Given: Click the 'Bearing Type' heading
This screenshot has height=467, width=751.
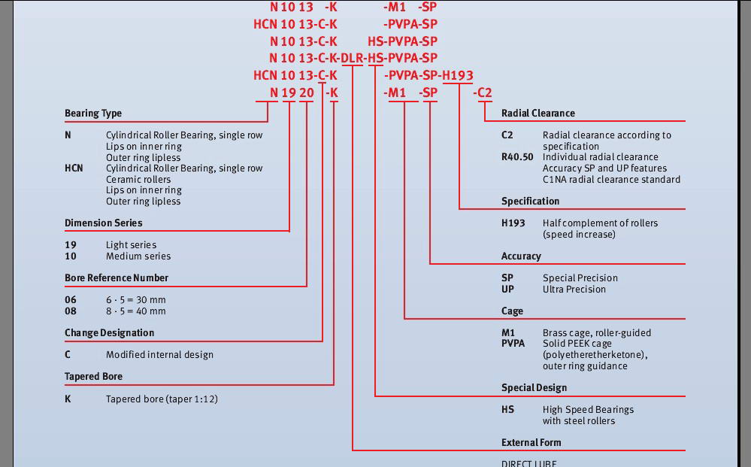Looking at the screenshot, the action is pos(93,114).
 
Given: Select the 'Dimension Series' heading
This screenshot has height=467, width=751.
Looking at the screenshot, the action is pos(104,223).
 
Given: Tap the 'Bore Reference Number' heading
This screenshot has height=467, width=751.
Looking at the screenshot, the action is pos(117,277).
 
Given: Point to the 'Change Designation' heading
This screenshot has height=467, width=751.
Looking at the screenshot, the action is pos(109,333).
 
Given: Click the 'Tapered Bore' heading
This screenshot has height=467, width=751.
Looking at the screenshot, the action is pos(93,377).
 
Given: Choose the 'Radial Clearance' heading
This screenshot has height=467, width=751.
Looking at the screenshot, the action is pos(538,114).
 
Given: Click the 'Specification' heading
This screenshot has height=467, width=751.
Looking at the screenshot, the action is pos(530,202).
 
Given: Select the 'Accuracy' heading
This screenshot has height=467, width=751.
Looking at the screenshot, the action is pos(521,256).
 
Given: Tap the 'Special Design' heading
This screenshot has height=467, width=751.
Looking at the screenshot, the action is pos(534,388).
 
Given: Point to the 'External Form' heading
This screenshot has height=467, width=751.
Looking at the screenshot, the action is pos(531,443).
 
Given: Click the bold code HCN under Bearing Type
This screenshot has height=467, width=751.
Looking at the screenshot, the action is pos(74,168).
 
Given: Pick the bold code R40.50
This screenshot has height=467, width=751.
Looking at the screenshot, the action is pos(517,157).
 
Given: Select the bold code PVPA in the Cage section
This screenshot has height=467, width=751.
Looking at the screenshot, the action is pos(513,344).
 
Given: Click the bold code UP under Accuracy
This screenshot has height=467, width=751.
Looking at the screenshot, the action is pos(507,290).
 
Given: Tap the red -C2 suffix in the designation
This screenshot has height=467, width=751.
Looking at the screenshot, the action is pos(483,92).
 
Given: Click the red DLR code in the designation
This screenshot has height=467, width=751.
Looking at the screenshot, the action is pos(352,58).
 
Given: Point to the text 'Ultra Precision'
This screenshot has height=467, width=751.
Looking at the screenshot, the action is pos(574,290).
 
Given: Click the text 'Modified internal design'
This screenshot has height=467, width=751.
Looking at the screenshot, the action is pos(159,355).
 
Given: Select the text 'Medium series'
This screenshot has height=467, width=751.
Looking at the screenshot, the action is pos(138,256).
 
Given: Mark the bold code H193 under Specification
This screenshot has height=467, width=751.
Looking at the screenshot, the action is pos(513,223).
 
